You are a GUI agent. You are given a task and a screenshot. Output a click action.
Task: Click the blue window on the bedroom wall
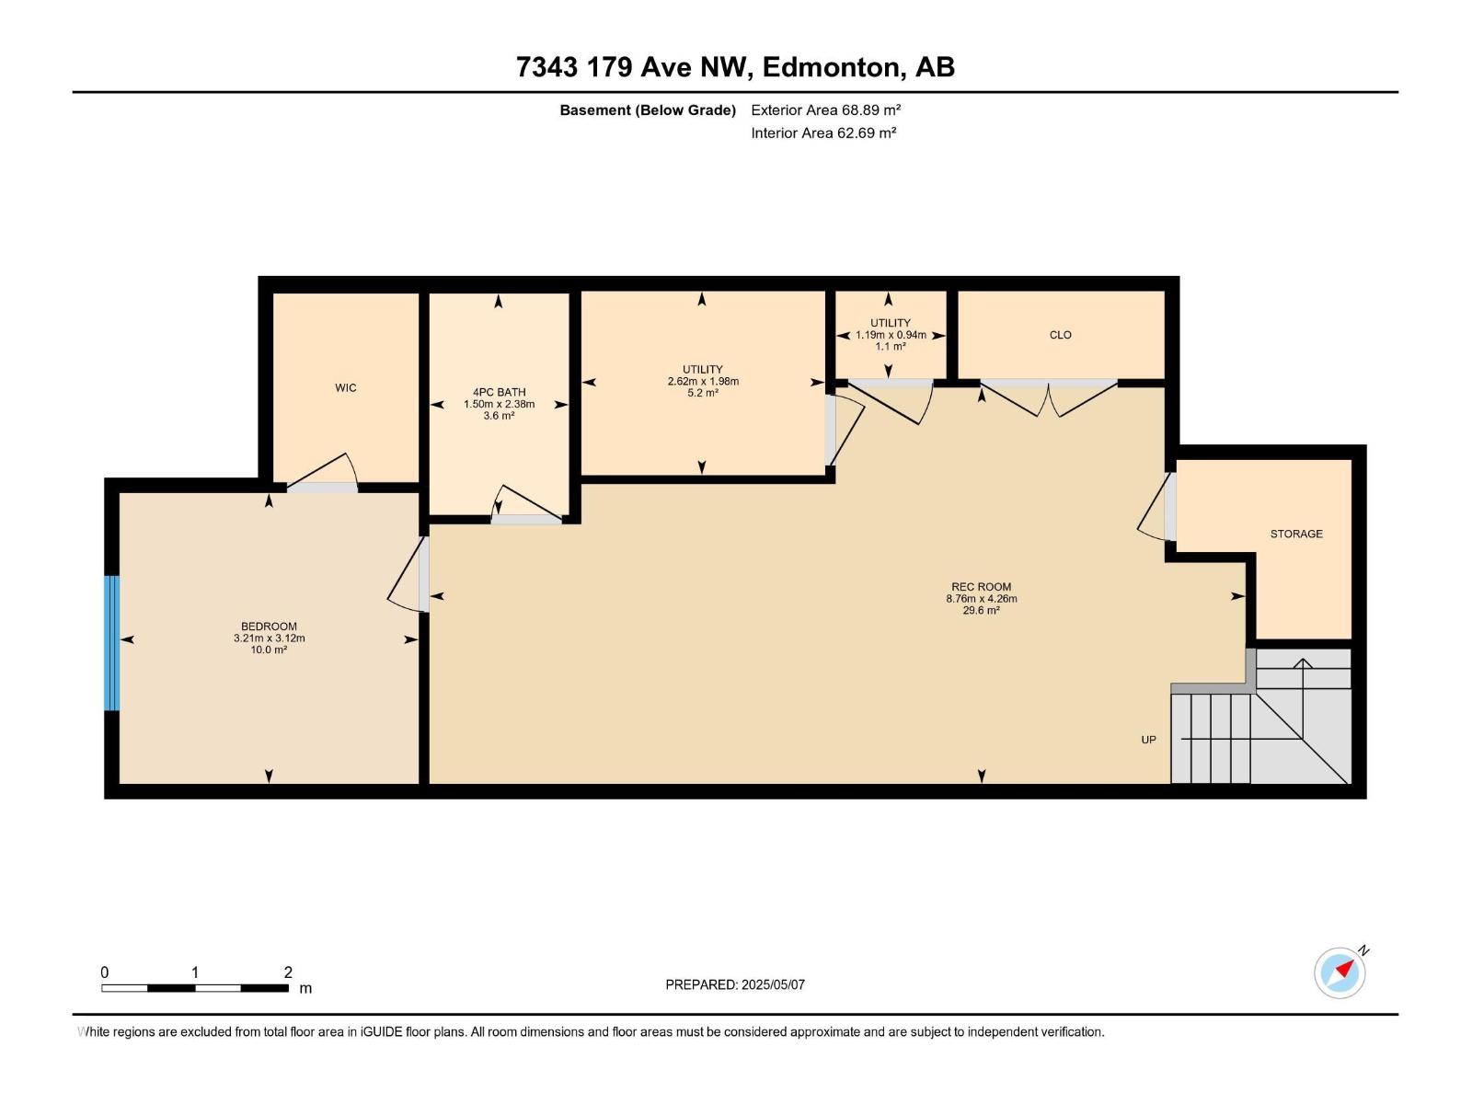[112, 643]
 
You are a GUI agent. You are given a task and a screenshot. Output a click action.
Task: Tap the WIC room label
[345, 388]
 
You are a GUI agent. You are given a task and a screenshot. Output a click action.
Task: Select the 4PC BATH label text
[499, 392]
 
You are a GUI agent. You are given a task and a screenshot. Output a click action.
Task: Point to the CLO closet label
[1060, 335]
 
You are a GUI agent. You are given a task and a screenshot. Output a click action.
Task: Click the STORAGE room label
[1296, 534]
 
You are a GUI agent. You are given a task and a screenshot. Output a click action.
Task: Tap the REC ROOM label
[981, 587]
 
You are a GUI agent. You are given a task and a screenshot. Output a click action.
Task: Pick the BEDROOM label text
[269, 627]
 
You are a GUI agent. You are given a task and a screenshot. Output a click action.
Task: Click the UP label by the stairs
[1149, 740]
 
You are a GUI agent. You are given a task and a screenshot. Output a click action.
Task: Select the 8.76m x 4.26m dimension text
[981, 599]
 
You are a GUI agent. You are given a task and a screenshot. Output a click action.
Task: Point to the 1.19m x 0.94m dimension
[891, 335]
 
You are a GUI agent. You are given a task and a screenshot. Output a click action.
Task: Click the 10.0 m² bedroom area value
[269, 650]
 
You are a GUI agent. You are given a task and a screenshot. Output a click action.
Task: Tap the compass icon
[1340, 972]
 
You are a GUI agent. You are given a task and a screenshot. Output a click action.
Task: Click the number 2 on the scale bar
[288, 972]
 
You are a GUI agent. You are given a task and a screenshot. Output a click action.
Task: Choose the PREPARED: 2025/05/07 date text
[735, 984]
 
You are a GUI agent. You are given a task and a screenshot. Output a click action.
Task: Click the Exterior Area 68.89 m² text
[825, 109]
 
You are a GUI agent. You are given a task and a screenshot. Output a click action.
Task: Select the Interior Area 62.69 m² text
[823, 132]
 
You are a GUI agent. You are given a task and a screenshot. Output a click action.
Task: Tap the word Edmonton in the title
[830, 67]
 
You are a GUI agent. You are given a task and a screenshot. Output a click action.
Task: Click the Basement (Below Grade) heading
[648, 109]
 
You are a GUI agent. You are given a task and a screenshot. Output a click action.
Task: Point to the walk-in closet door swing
[322, 469]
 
